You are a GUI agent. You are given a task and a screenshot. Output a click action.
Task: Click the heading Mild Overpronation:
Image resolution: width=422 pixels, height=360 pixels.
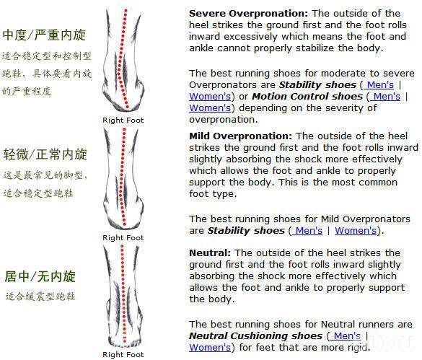[241, 136]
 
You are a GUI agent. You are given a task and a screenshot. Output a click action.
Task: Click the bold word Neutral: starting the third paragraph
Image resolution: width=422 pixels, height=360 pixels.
[210, 253]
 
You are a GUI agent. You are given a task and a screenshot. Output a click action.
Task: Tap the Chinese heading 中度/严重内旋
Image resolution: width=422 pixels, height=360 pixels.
[45, 35]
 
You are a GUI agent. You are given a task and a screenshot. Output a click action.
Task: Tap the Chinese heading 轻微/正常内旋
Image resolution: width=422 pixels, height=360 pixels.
[45, 154]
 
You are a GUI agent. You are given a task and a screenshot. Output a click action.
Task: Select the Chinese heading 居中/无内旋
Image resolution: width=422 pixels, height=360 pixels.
[40, 276]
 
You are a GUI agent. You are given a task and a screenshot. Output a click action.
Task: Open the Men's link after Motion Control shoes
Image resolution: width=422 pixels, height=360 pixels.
[385, 97]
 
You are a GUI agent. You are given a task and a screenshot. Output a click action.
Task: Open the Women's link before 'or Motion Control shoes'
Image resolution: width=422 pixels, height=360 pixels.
[210, 97]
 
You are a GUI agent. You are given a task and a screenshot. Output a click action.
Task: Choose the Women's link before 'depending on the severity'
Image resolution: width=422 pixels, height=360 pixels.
[210, 108]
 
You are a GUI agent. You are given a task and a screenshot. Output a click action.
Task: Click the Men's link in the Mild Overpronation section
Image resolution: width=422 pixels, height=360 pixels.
[307, 230]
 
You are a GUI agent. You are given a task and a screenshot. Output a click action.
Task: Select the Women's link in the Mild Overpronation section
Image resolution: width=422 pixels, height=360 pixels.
[356, 230]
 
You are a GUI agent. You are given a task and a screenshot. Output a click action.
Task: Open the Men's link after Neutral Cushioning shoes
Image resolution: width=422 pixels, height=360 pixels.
[346, 335]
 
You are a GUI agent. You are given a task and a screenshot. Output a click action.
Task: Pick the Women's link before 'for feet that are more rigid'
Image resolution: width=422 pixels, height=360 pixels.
[210, 347]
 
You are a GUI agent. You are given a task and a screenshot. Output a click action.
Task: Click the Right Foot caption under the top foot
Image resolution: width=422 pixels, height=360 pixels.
[123, 120]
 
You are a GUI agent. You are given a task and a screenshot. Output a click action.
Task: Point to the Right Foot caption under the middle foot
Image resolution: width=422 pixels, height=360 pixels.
[123, 238]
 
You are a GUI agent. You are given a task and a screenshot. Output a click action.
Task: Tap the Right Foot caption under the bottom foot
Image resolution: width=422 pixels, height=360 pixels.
[123, 355]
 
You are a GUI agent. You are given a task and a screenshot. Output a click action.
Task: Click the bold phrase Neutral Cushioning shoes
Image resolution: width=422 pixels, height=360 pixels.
[255, 335]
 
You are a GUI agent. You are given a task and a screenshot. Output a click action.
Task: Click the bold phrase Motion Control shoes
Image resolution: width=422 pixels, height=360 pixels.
[307, 97]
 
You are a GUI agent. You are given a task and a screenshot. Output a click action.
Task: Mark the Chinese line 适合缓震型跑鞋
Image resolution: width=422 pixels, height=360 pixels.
[40, 297]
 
